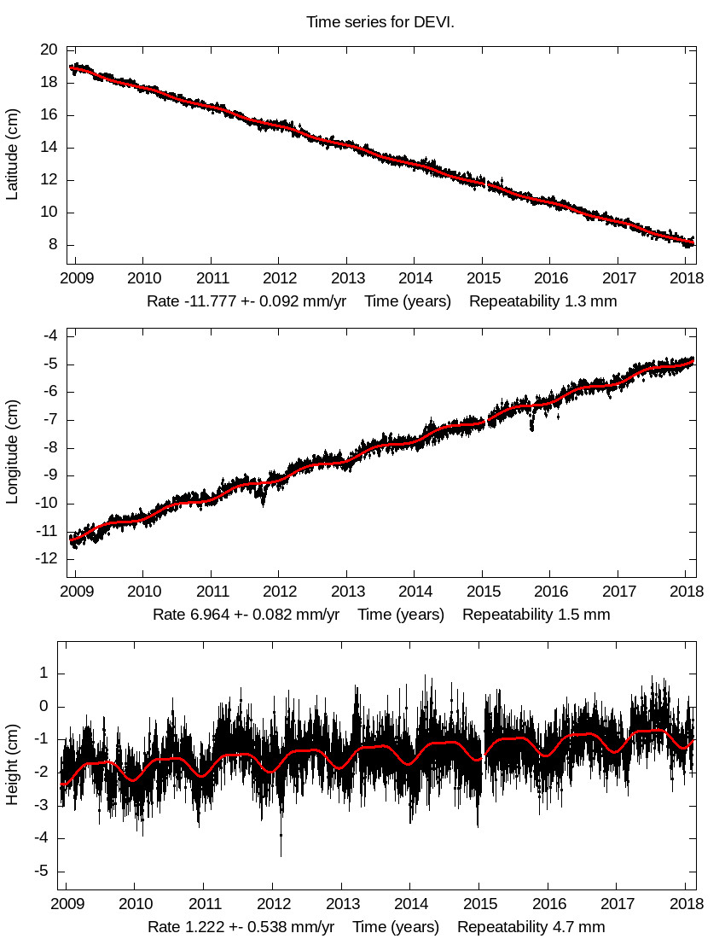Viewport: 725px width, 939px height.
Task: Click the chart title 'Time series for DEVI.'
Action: point(380,22)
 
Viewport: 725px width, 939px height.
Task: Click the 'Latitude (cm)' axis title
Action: point(12,155)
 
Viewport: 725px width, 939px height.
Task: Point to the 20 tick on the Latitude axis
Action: point(49,50)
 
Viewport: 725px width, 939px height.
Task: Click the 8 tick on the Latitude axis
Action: point(53,245)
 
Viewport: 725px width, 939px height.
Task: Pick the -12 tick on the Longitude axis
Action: point(46,558)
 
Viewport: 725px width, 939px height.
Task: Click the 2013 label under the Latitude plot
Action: point(346,278)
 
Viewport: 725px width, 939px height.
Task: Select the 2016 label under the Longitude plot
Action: point(551,591)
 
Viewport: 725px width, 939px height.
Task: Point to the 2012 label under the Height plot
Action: point(272,904)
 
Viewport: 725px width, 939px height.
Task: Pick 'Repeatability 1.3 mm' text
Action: point(542,301)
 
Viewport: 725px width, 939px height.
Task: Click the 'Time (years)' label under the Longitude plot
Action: point(401,615)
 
